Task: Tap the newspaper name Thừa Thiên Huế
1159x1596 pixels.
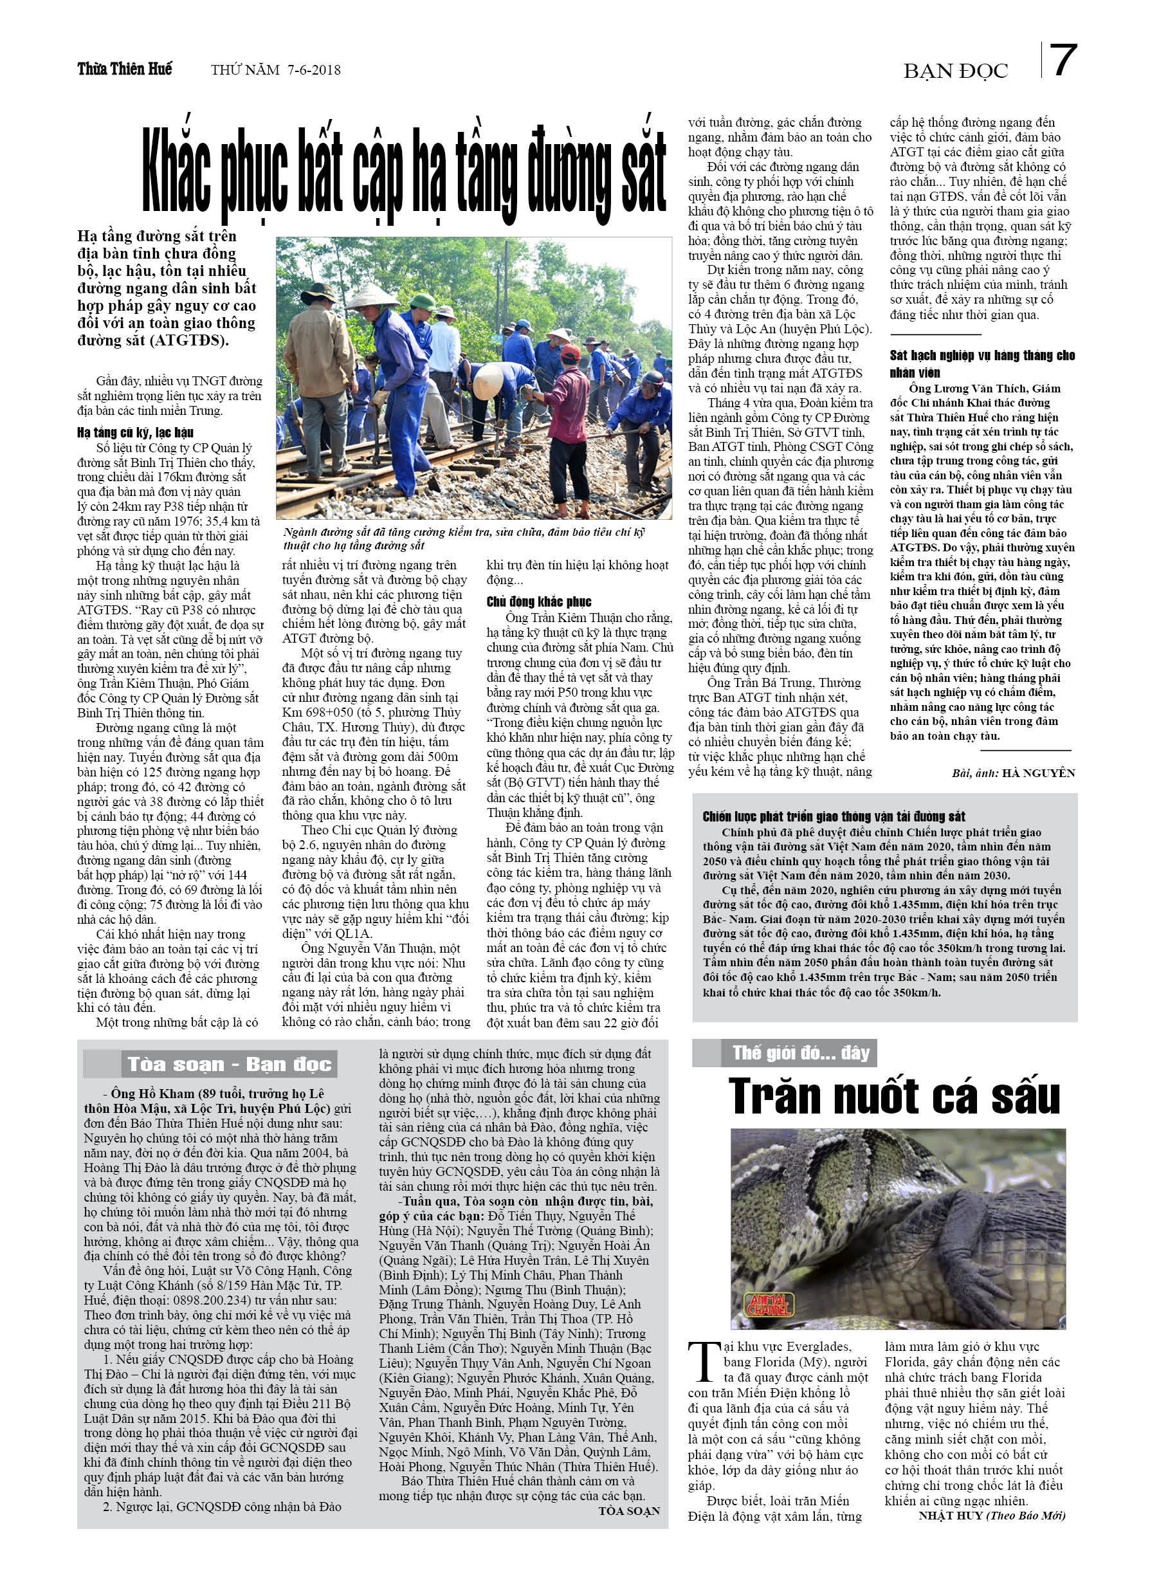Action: pos(125,69)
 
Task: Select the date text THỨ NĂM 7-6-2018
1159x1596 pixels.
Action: pos(275,69)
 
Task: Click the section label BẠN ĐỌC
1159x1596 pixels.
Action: pos(955,71)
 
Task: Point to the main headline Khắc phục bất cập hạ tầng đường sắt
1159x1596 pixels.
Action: pos(404,172)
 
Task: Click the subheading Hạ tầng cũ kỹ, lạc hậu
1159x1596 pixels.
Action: pos(135,432)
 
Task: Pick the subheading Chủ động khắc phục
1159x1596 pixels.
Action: pos(538,601)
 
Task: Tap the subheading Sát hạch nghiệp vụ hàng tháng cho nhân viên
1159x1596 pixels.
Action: pos(981,363)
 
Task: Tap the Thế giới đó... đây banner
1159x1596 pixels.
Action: pos(800,1052)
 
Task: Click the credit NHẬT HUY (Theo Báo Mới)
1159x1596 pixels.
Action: pos(992,1515)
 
